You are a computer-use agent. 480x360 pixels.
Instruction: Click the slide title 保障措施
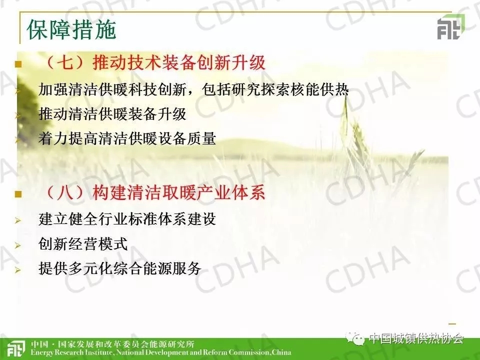point(71,30)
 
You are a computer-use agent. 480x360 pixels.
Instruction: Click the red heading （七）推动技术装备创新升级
point(154,62)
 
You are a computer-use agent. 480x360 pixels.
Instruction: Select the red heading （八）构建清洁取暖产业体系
point(154,192)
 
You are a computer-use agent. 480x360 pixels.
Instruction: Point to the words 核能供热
point(319,89)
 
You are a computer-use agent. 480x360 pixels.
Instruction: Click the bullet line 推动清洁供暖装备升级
point(112,114)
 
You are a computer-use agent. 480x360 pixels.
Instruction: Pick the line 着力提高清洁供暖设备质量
point(127,138)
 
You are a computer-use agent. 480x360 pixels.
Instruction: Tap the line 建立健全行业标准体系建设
point(127,219)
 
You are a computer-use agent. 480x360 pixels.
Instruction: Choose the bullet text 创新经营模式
point(83,244)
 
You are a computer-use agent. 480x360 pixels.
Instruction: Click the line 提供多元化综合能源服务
point(119,268)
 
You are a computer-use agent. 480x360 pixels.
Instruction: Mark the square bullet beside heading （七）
point(18,64)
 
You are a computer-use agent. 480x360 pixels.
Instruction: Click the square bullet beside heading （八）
point(18,194)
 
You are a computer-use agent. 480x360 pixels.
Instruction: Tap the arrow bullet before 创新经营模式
point(18,245)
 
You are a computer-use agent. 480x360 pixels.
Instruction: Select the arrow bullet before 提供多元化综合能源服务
point(18,270)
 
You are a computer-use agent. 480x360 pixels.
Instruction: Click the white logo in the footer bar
point(15,349)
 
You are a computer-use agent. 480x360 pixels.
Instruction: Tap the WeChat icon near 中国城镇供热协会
point(355,338)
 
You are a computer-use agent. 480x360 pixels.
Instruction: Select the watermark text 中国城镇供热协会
point(416,338)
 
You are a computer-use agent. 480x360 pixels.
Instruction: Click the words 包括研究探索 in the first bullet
point(245,89)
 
